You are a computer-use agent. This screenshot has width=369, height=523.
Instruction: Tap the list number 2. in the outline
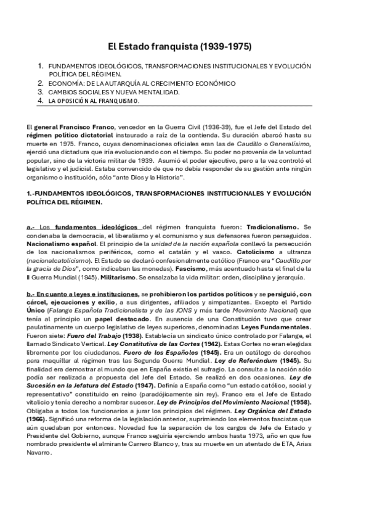(40, 83)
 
